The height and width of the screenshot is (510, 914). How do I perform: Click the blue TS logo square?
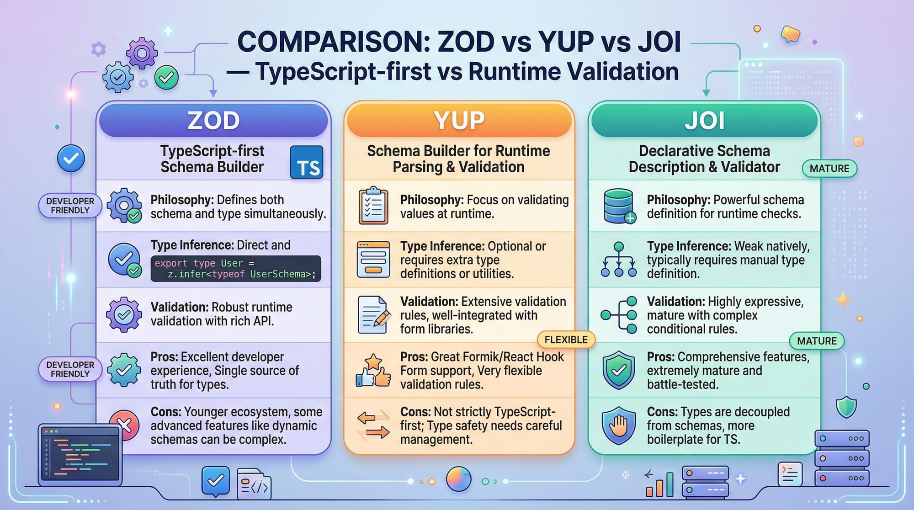(x=307, y=162)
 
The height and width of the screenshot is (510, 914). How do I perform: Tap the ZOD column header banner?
(x=213, y=120)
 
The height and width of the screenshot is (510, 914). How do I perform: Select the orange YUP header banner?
(x=459, y=120)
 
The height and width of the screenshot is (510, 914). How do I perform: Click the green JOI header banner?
(x=704, y=120)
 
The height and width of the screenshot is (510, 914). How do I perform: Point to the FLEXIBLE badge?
(x=566, y=340)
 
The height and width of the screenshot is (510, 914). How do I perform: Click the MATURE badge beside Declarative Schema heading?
(x=829, y=168)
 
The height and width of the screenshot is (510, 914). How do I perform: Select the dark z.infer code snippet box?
(x=236, y=269)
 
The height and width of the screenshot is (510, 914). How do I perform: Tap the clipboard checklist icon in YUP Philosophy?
(x=373, y=206)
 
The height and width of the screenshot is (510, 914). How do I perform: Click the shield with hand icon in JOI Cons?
(x=619, y=425)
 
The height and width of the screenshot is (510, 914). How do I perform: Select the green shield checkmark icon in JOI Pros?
(x=619, y=370)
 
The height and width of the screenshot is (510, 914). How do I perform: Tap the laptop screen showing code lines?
(x=80, y=454)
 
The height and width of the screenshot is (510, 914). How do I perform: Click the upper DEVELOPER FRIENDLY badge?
(x=70, y=206)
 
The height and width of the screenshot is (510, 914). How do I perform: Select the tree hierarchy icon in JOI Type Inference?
(x=619, y=260)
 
